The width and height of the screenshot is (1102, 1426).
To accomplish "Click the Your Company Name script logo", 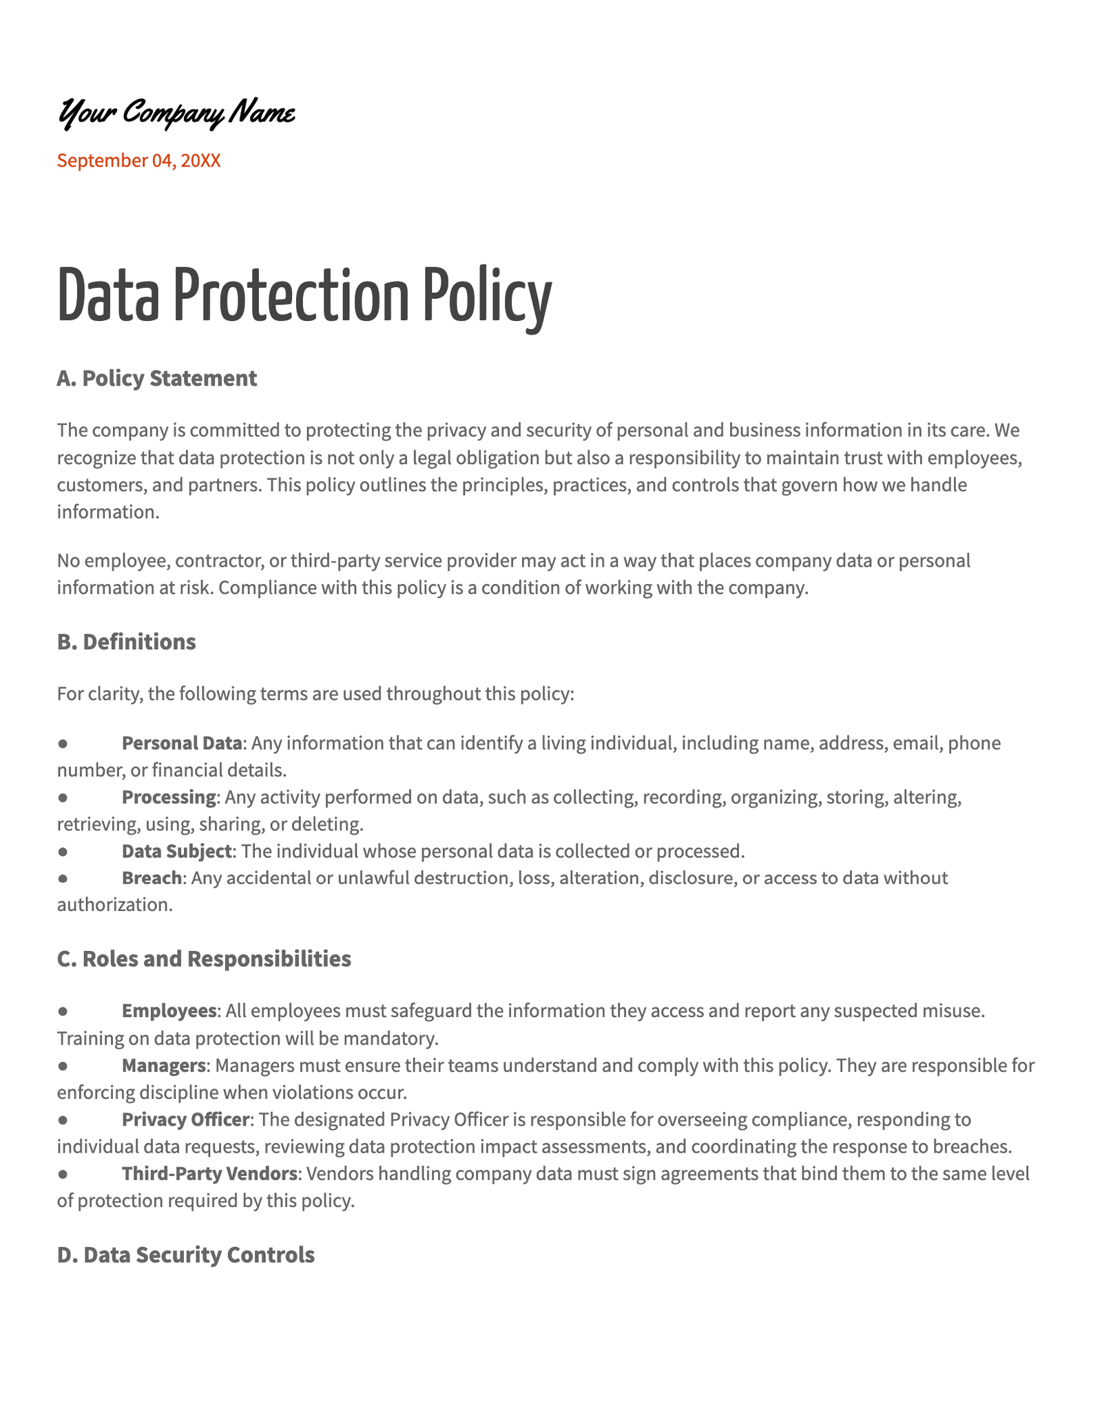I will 176,113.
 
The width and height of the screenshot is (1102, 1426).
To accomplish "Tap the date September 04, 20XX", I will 138,161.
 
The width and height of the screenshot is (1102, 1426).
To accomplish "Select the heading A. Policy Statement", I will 156,378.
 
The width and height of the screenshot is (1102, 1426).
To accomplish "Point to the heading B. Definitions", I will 126,642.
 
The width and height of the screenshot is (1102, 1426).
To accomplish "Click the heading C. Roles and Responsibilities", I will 204,958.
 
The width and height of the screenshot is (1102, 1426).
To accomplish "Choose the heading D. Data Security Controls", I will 185,1255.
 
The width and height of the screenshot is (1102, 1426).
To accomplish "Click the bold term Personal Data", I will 182,743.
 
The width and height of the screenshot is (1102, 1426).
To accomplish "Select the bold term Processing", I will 169,797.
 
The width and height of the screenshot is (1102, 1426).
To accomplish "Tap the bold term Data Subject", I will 176,851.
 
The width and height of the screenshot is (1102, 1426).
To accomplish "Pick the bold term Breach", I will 152,878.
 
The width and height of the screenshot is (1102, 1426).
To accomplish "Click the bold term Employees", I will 169,1011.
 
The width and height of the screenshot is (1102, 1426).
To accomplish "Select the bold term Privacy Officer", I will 185,1120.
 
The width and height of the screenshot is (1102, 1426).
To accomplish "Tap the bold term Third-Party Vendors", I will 210,1173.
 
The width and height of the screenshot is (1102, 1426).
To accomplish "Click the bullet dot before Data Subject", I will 63,852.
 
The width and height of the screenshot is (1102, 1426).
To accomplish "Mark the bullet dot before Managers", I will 63,1066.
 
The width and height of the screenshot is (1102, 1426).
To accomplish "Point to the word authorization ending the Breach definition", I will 114,905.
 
